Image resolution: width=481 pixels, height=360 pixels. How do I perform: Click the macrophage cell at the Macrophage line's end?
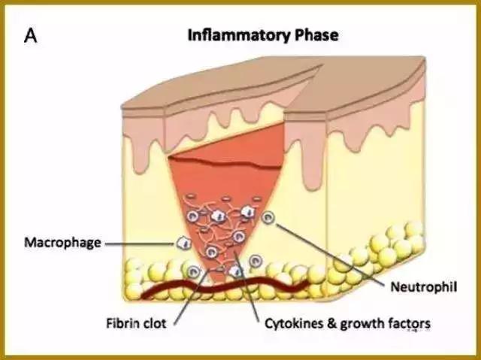[x=182, y=242]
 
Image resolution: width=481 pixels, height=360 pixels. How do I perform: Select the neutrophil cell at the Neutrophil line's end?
[x=271, y=219]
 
